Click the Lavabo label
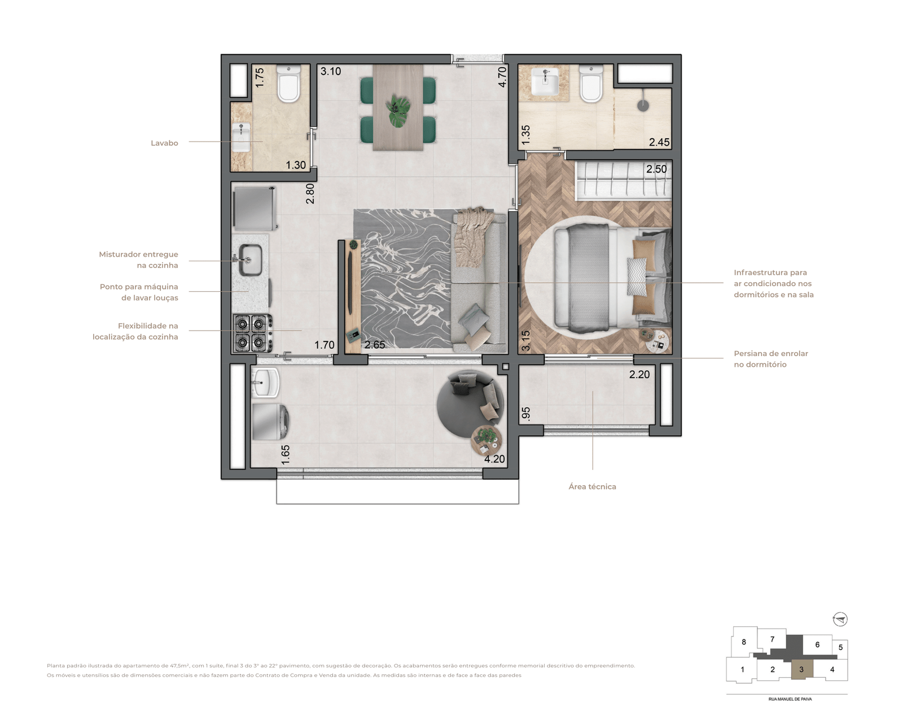point(164,143)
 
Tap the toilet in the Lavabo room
point(289,83)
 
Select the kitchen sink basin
point(251,260)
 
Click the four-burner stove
point(252,333)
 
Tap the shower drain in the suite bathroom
point(643,106)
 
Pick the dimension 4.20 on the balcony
point(494,459)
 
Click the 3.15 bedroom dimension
point(525,340)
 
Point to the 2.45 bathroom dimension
point(659,142)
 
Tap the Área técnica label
point(592,487)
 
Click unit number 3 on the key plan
point(801,669)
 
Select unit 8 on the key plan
point(744,642)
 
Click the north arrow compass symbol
point(840,619)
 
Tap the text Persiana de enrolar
point(771,353)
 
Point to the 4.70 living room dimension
point(502,77)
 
